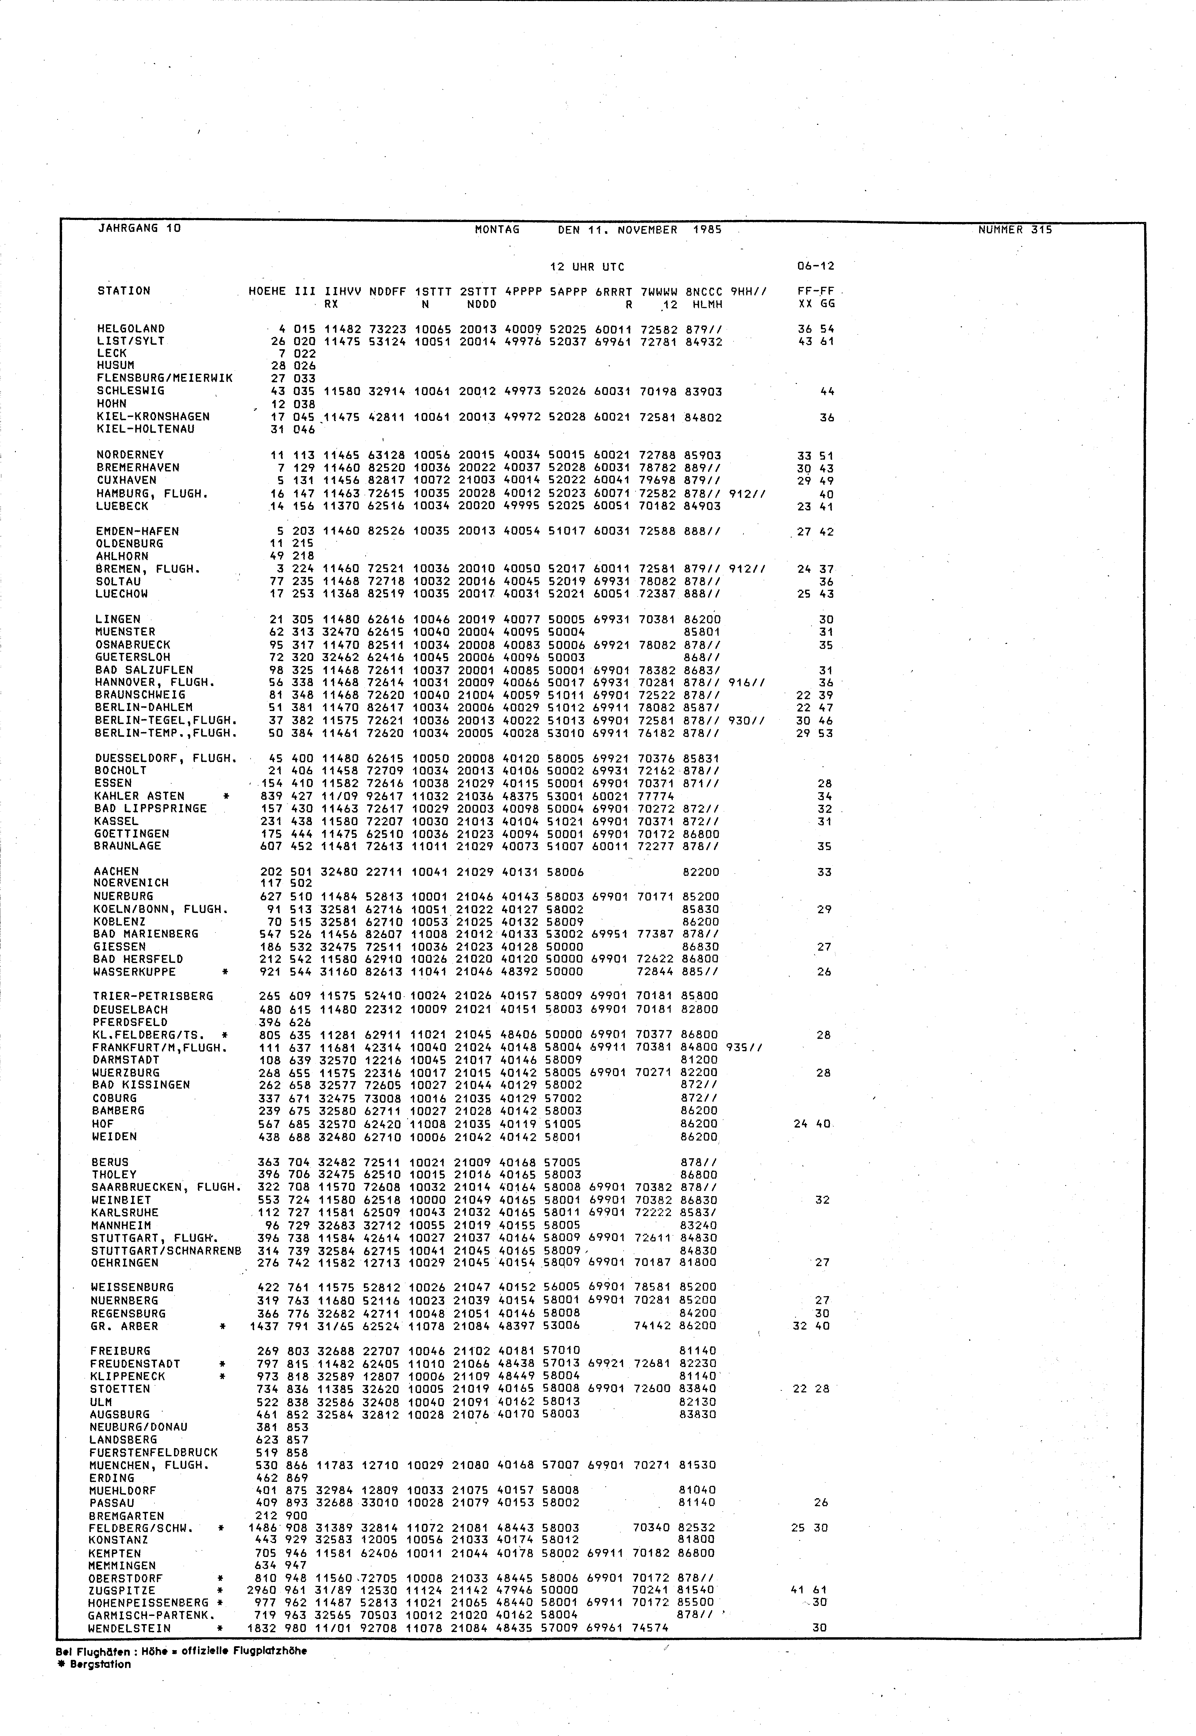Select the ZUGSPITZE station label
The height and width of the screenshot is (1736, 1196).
coord(121,1591)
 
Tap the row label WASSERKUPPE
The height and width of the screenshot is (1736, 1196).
coord(134,972)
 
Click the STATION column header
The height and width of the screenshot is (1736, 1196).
coord(124,291)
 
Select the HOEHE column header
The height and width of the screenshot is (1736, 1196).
coord(267,291)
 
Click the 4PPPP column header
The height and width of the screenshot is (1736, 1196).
coord(523,291)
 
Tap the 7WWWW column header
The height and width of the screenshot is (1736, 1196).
coord(659,291)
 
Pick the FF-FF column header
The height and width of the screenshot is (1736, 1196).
coord(816,291)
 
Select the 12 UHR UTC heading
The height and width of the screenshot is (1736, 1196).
coord(587,267)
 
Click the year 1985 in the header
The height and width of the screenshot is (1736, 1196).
coord(707,229)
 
